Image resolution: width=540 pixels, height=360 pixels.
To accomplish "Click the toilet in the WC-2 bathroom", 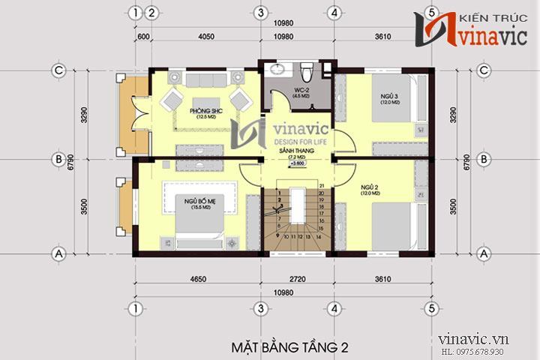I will pyautogui.click(x=306, y=73).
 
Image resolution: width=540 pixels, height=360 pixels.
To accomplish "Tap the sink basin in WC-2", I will pyautogui.click(x=277, y=71).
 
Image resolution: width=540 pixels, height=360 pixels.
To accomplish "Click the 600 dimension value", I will pyautogui.click(x=144, y=35).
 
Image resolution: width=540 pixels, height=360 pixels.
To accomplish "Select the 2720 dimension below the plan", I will pyautogui.click(x=298, y=279).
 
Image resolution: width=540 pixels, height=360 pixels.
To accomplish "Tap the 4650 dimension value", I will pyautogui.click(x=197, y=279).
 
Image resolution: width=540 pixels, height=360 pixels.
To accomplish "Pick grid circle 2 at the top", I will pyautogui.click(x=151, y=13).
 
